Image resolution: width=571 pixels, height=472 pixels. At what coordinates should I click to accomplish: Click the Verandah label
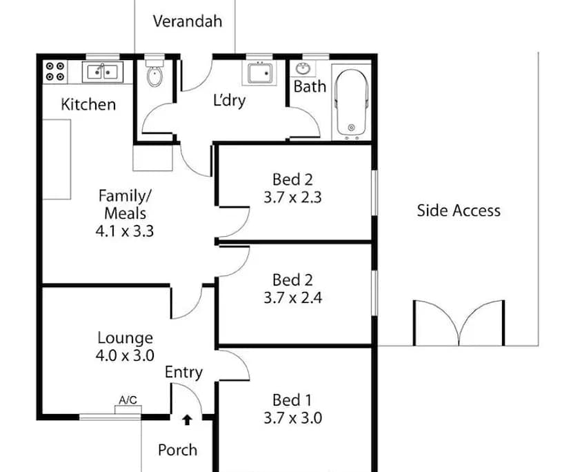(x=187, y=21)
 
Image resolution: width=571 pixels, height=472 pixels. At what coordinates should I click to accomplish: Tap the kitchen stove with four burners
(x=55, y=72)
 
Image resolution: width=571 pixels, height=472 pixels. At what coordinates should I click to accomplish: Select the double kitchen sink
(x=103, y=72)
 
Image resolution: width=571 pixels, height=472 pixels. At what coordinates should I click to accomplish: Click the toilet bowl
(x=154, y=74)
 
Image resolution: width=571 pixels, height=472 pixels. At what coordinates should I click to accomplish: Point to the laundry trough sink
(x=259, y=73)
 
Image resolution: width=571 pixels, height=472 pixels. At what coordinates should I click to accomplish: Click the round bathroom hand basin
(x=303, y=68)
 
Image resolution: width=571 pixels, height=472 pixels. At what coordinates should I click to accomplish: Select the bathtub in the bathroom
(x=352, y=103)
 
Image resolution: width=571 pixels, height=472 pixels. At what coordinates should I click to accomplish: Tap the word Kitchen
(x=88, y=105)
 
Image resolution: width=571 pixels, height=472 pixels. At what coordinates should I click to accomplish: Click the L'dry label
(x=230, y=101)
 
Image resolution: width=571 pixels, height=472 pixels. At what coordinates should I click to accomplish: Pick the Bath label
(x=310, y=87)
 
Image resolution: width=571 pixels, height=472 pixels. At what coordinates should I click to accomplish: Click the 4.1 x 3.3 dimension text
(x=125, y=231)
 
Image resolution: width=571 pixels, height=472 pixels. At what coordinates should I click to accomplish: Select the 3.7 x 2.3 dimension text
(x=293, y=197)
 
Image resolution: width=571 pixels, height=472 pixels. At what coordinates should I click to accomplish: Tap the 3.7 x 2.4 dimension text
(x=293, y=298)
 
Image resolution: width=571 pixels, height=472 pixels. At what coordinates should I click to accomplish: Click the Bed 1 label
(x=292, y=400)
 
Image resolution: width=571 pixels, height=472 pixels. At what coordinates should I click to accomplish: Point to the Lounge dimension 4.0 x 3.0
(x=125, y=355)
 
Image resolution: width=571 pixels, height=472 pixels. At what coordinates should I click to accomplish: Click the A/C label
(x=128, y=400)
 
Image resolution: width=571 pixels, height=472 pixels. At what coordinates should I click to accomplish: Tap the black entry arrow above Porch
(x=187, y=420)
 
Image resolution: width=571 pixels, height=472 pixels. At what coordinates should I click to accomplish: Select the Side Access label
(x=459, y=210)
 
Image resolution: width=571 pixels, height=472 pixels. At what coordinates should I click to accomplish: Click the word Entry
(x=183, y=373)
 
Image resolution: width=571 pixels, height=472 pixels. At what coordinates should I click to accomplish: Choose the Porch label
(x=178, y=450)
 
